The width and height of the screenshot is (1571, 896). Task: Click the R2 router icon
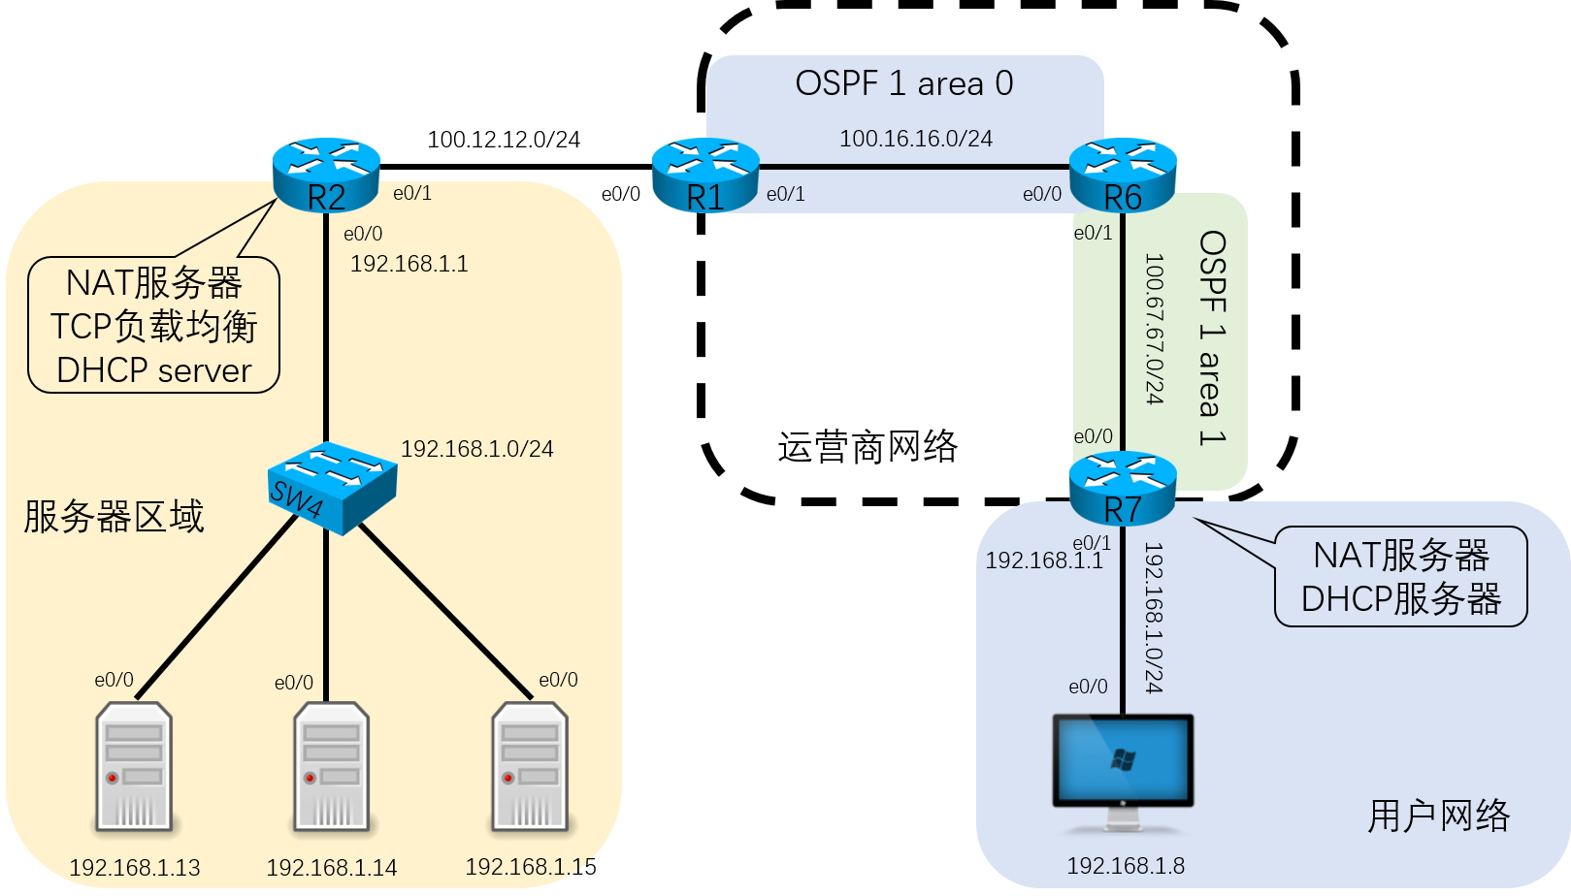coord(326,175)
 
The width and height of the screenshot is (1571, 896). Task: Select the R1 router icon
coord(705,176)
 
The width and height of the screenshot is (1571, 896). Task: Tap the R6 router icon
coord(1123,176)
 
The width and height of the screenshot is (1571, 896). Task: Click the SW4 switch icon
coord(331,487)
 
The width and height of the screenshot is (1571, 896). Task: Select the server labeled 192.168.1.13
coord(134,767)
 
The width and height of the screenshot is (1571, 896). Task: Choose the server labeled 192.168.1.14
coord(332,767)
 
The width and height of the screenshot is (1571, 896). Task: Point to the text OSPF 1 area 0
coord(904,84)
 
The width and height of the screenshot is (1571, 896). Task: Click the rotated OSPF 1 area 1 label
coord(1212,337)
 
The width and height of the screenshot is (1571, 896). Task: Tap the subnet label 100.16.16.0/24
coord(916,139)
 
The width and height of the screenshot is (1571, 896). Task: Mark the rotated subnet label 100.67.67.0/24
coord(1153,329)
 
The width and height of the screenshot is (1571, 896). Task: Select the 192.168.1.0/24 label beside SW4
coord(477,449)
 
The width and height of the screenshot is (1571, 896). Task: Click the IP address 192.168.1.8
coord(1126,866)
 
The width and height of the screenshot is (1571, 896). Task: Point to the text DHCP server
coord(154,370)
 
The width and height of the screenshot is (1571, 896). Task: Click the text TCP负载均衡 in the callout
coord(154,327)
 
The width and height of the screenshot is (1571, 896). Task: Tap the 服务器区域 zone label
coord(114,517)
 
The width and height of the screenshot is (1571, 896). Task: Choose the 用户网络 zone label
coord(1439,816)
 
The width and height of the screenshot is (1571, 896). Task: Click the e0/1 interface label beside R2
coord(412,193)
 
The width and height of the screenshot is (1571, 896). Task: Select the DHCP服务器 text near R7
coord(1401,599)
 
